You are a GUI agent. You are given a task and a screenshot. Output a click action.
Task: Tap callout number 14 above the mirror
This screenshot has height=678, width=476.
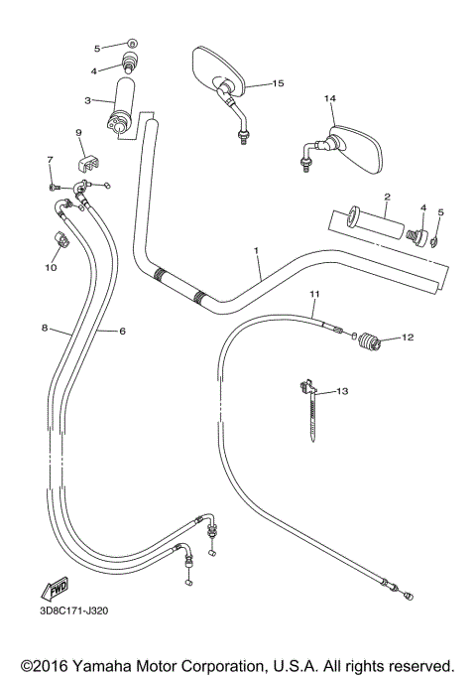(330, 99)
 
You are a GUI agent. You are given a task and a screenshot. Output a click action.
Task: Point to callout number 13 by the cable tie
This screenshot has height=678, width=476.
(342, 393)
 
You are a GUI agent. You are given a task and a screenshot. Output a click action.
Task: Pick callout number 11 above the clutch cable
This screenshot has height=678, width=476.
(314, 294)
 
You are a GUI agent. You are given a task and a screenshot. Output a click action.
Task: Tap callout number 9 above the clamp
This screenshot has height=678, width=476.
(77, 133)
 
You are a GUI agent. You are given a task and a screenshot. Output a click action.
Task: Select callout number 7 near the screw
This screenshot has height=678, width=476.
(49, 160)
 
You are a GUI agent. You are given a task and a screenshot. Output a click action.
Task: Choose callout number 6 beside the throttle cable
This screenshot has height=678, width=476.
(123, 331)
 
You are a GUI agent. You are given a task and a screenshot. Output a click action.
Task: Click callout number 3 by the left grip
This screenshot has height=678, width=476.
(88, 100)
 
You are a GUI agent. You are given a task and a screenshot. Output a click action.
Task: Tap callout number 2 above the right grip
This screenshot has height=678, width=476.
(387, 196)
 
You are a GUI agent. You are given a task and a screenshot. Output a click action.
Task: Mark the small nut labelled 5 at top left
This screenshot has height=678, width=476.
(132, 46)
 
